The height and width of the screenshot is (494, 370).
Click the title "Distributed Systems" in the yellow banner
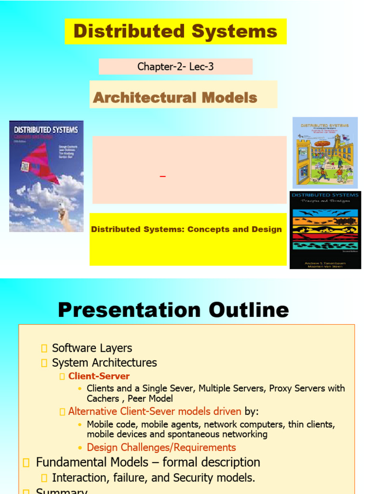[x=175, y=31]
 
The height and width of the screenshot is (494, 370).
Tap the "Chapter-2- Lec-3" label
[x=175, y=67]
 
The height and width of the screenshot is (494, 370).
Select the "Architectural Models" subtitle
[x=175, y=97]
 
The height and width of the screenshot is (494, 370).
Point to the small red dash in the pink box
[x=163, y=177]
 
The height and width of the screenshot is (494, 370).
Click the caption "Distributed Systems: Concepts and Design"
[x=186, y=230]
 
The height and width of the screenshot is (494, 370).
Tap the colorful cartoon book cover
[x=325, y=152]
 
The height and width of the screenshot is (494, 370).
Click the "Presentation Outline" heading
[x=173, y=310]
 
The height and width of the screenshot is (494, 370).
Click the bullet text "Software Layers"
[x=92, y=348]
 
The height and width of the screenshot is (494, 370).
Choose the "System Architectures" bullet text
[x=104, y=363]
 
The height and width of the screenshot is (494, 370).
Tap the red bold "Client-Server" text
[x=99, y=376]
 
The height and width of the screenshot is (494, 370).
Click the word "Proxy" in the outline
[x=281, y=388]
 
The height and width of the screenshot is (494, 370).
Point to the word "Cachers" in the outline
[x=103, y=398]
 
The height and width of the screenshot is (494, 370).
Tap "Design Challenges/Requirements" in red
[x=161, y=448]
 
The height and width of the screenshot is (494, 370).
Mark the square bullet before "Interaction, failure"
[x=45, y=478]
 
